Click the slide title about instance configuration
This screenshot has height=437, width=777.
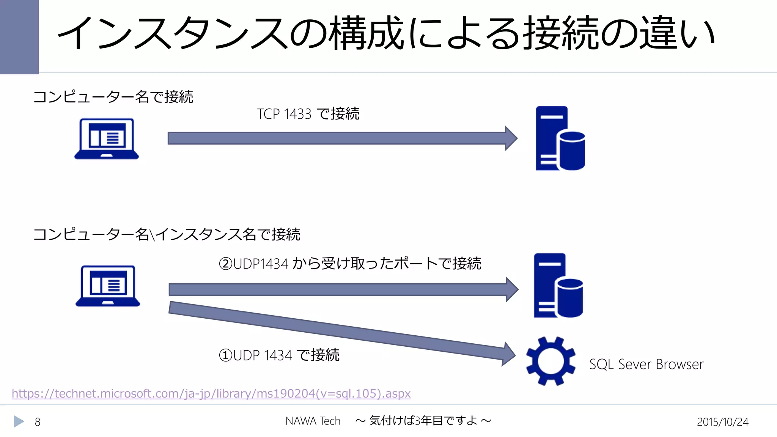click(x=386, y=33)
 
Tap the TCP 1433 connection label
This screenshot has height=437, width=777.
click(x=308, y=114)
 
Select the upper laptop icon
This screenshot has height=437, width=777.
click(x=107, y=138)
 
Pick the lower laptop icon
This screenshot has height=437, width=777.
click(x=108, y=286)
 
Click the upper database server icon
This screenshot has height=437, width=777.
click(x=560, y=138)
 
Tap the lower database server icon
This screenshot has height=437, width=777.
click(x=558, y=285)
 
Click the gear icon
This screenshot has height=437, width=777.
click(x=551, y=361)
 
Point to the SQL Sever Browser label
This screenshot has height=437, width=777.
click(x=646, y=364)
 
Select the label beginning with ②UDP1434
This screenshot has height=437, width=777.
click(x=350, y=264)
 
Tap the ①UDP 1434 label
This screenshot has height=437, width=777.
click(x=279, y=355)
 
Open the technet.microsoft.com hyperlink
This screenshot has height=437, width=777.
click(x=211, y=393)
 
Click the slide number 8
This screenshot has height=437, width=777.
click(x=38, y=422)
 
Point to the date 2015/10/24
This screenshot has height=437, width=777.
click(x=722, y=422)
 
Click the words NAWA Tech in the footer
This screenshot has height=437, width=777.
click(x=313, y=421)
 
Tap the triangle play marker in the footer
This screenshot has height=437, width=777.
click(x=19, y=421)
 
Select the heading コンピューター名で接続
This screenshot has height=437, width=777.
click(x=113, y=97)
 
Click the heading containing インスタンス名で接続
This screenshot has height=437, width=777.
click(x=167, y=234)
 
